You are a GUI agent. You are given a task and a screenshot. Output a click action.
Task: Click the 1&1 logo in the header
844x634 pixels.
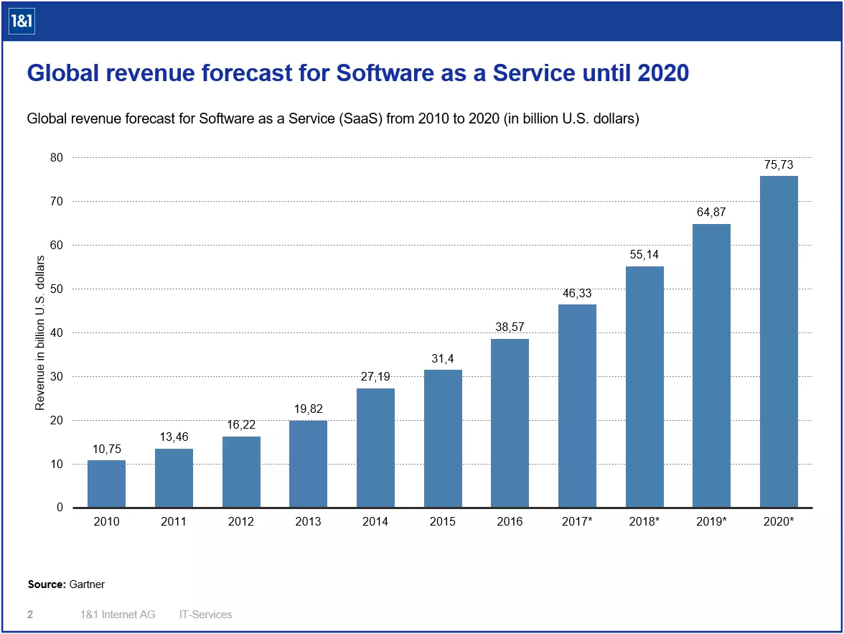[x=22, y=23]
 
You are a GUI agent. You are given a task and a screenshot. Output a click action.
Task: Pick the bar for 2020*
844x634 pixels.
[x=779, y=341]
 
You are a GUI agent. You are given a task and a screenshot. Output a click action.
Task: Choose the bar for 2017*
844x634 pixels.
[x=577, y=406]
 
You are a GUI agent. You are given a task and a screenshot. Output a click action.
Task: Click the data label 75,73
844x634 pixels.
[x=779, y=165]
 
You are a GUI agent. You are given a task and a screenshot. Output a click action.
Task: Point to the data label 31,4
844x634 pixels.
[x=443, y=358]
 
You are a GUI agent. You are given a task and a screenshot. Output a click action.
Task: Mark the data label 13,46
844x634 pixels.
[x=174, y=437]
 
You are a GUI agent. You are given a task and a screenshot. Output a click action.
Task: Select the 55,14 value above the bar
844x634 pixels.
[x=644, y=255]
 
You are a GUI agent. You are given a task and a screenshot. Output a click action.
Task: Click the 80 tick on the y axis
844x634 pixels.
[x=57, y=157]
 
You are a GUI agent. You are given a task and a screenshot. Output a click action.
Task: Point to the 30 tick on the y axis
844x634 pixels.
[x=57, y=376]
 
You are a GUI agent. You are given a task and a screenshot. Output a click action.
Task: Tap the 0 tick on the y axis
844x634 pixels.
[x=60, y=507]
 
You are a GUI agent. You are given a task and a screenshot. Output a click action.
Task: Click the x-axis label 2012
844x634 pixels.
[x=241, y=522]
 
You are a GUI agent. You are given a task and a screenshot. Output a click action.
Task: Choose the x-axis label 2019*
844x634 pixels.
[x=711, y=522]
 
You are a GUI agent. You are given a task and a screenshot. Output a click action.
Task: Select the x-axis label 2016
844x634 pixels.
[x=510, y=522]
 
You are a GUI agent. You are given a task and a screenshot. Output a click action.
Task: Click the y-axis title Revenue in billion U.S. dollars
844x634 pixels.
[x=40, y=332]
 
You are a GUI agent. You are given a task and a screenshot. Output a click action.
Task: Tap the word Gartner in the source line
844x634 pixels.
[x=87, y=584]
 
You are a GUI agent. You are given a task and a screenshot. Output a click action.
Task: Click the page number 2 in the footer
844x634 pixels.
[x=30, y=615]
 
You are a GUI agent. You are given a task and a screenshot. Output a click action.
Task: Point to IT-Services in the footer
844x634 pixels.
[x=205, y=615]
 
